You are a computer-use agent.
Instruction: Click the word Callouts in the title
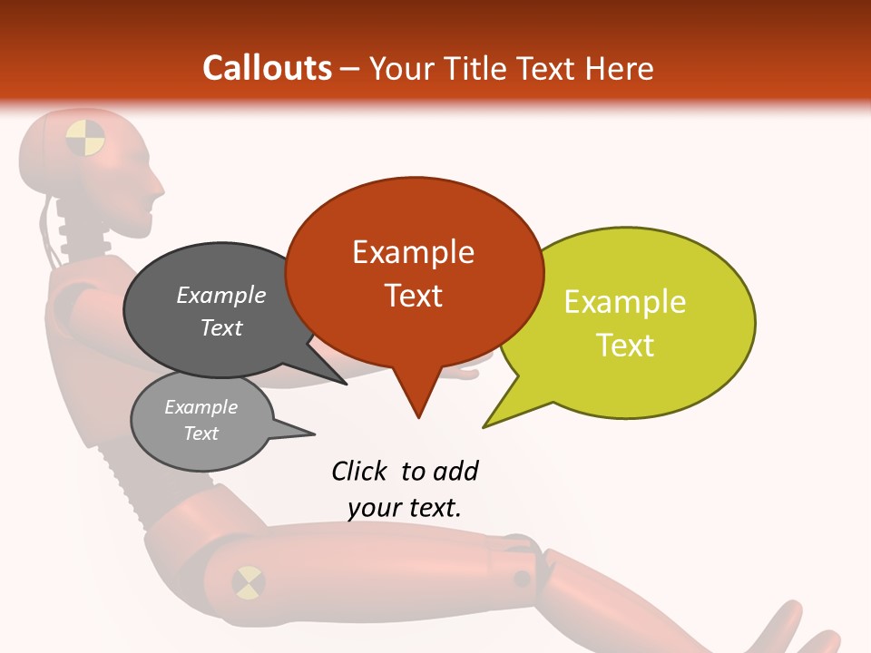pyautogui.click(x=267, y=68)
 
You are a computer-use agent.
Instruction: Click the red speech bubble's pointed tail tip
pyautogui.click(x=418, y=417)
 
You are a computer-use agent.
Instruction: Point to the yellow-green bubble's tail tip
pyautogui.click(x=484, y=426)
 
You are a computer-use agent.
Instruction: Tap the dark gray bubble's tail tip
pyautogui.click(x=347, y=384)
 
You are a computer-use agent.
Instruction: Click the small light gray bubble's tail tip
pyautogui.click(x=314, y=433)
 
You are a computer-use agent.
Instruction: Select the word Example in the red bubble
pyautogui.click(x=413, y=251)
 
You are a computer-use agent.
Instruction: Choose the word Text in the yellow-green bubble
pyautogui.click(x=625, y=345)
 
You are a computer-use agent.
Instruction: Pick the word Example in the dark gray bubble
pyautogui.click(x=221, y=295)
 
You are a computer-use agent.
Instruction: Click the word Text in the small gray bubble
pyautogui.click(x=201, y=434)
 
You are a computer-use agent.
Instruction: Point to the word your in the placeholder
pyautogui.click(x=374, y=508)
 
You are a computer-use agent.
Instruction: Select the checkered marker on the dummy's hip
pyautogui.click(x=248, y=582)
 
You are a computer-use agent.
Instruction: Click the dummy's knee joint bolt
pyautogui.click(x=522, y=578)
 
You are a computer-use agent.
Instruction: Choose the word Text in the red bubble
pyautogui.click(x=413, y=295)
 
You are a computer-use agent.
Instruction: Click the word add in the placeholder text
pyautogui.click(x=455, y=471)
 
